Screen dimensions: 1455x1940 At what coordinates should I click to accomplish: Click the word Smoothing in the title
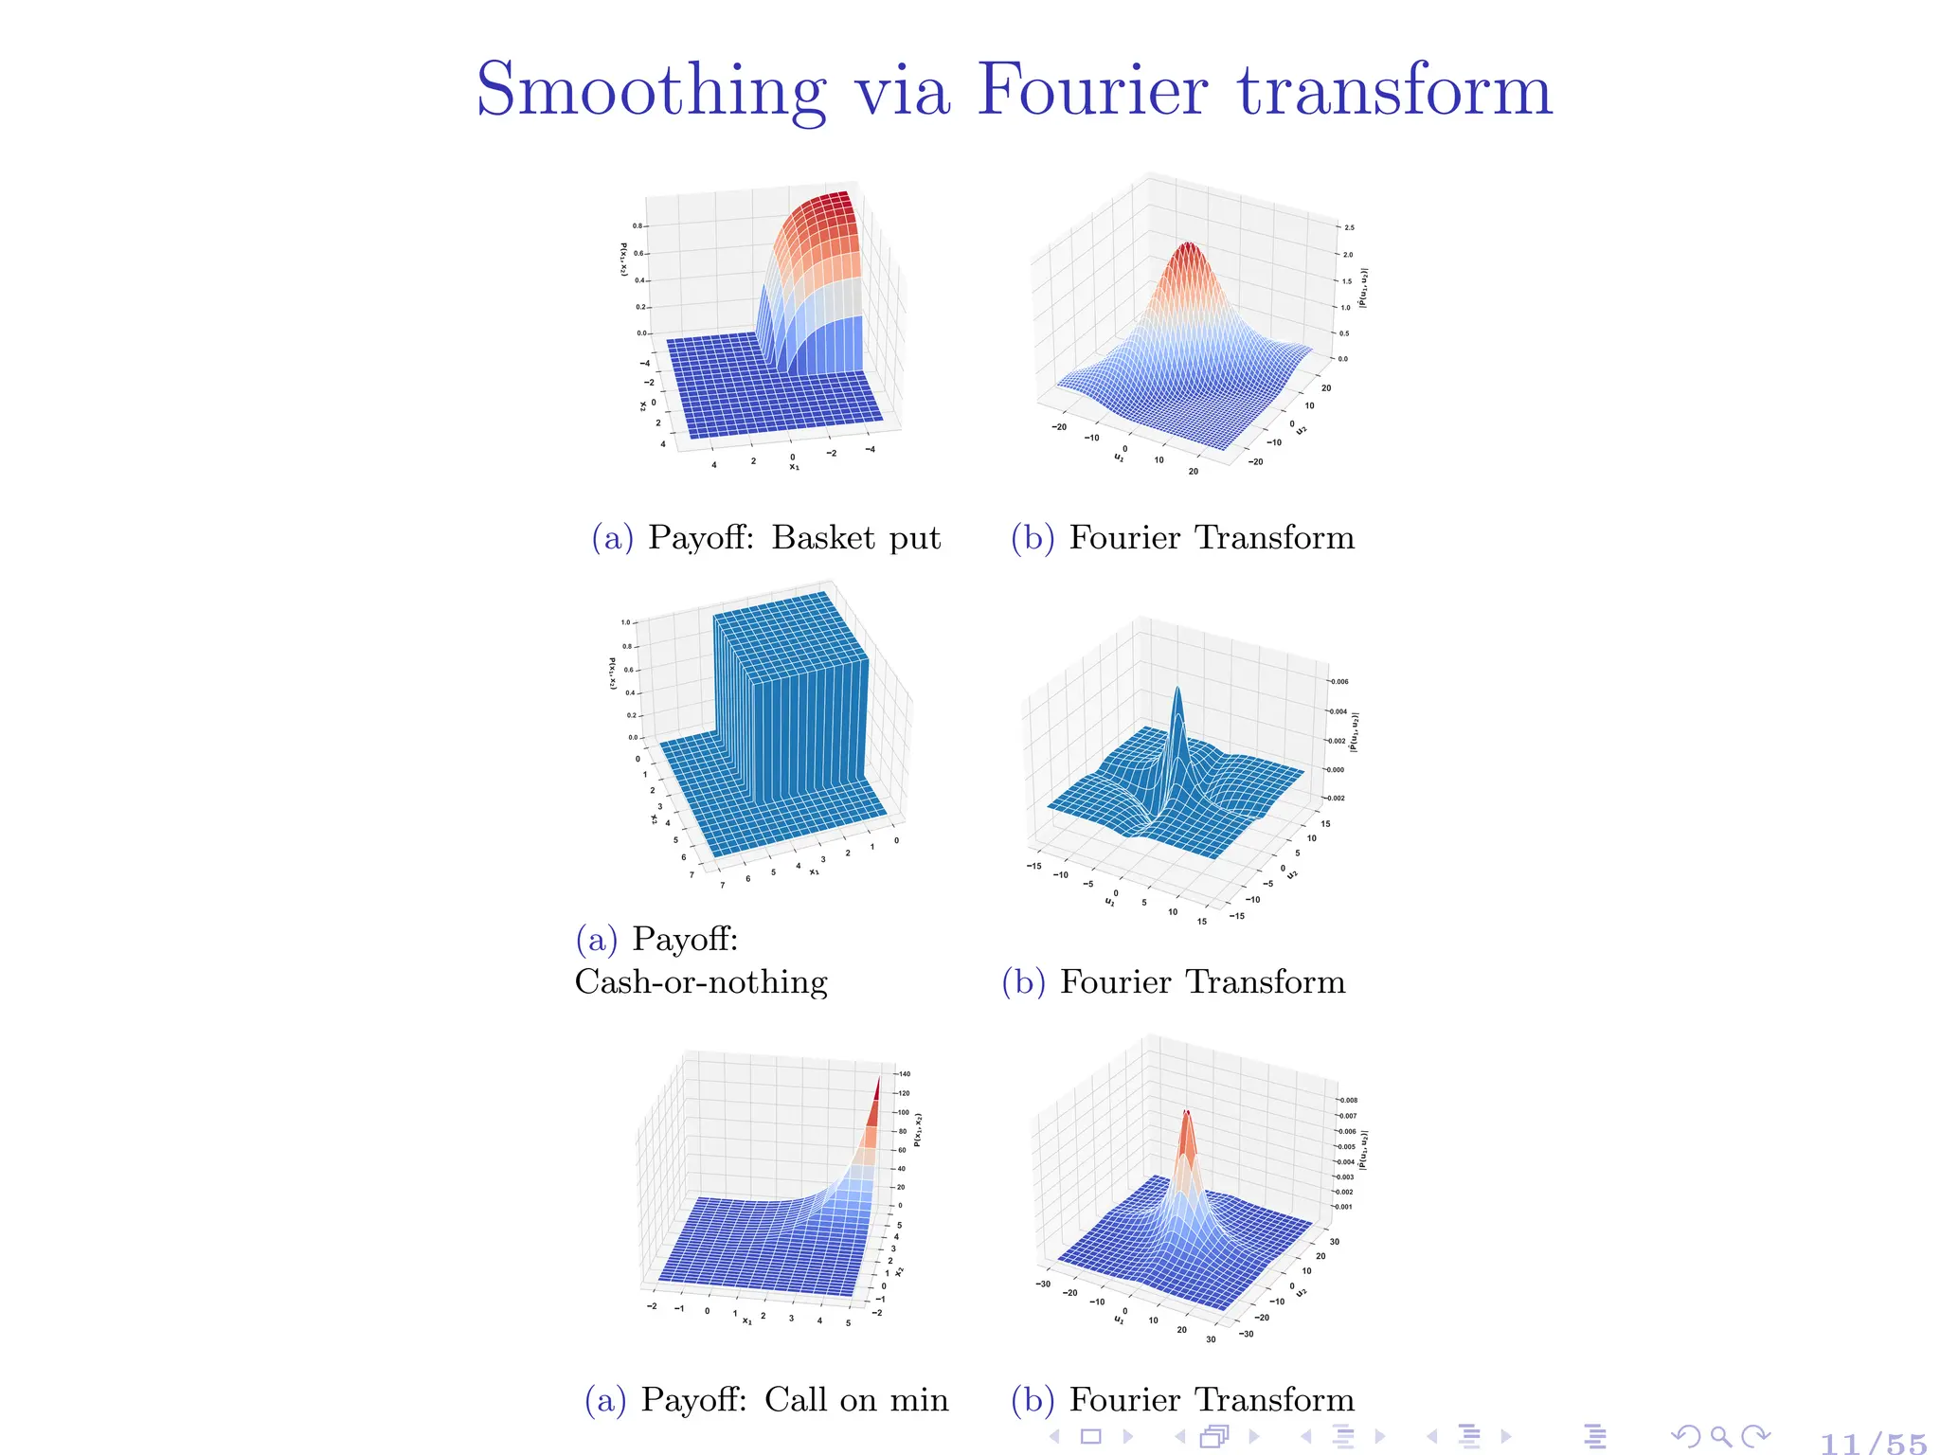coord(651,91)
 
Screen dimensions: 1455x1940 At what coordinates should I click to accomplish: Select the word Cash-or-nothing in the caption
coord(701,981)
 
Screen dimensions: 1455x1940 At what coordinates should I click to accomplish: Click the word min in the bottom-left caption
coord(919,1399)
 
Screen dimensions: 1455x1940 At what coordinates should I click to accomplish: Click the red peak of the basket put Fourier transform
coord(1187,248)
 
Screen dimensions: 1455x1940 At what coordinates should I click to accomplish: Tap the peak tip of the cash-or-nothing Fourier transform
coord(1177,691)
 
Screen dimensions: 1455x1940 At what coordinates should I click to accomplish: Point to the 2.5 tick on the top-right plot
coord(1349,227)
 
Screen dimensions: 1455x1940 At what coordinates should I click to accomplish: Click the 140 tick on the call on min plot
coord(905,1074)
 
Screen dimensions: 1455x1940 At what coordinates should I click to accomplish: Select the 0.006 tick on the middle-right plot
coord(1339,682)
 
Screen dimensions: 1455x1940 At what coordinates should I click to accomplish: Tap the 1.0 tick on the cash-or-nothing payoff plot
coord(625,622)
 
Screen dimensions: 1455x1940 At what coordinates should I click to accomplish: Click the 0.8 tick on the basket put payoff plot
coord(638,226)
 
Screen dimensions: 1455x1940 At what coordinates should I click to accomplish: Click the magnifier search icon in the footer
coord(1721,1437)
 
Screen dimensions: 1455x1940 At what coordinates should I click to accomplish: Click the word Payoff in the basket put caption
coord(701,537)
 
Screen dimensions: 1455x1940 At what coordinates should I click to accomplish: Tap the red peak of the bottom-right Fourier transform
coord(1186,1116)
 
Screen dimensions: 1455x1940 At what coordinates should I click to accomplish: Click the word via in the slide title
coord(902,91)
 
